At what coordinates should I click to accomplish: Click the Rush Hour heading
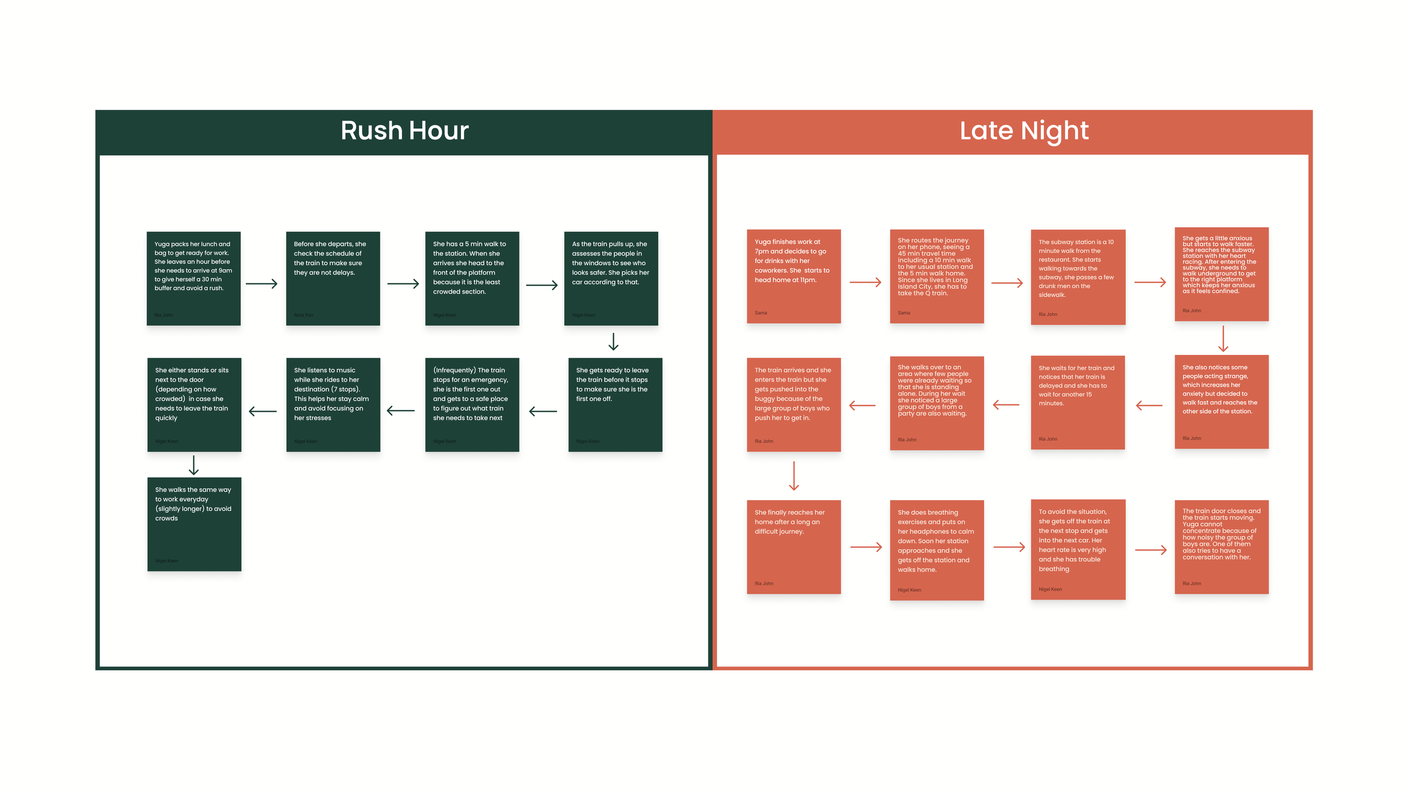pos(404,131)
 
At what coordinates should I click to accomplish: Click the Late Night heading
pos(1023,131)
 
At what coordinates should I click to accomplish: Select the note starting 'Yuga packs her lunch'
pos(193,278)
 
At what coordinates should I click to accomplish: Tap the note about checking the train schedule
pos(333,278)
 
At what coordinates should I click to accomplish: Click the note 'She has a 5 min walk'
pos(472,278)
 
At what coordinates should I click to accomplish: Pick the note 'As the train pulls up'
pos(611,278)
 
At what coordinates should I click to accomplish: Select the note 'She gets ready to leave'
pos(615,404)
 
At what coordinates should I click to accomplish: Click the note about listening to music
pos(333,404)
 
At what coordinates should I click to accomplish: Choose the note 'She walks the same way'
pos(194,524)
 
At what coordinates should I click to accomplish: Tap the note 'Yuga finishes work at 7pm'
pos(794,276)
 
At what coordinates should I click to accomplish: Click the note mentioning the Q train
pos(937,276)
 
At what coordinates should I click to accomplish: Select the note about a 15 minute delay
pos(1078,402)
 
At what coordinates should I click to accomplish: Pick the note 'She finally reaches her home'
pos(794,546)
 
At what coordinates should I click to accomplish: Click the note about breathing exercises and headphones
pos(937,550)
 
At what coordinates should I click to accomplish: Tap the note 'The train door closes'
pos(1221,546)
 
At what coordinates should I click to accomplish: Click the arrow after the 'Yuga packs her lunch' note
pos(262,283)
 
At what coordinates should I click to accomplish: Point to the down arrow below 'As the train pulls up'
pos(613,341)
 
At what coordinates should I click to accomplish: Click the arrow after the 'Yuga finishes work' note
pos(865,282)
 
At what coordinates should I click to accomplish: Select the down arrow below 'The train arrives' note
pos(794,476)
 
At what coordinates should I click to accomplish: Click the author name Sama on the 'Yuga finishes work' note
pos(761,313)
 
